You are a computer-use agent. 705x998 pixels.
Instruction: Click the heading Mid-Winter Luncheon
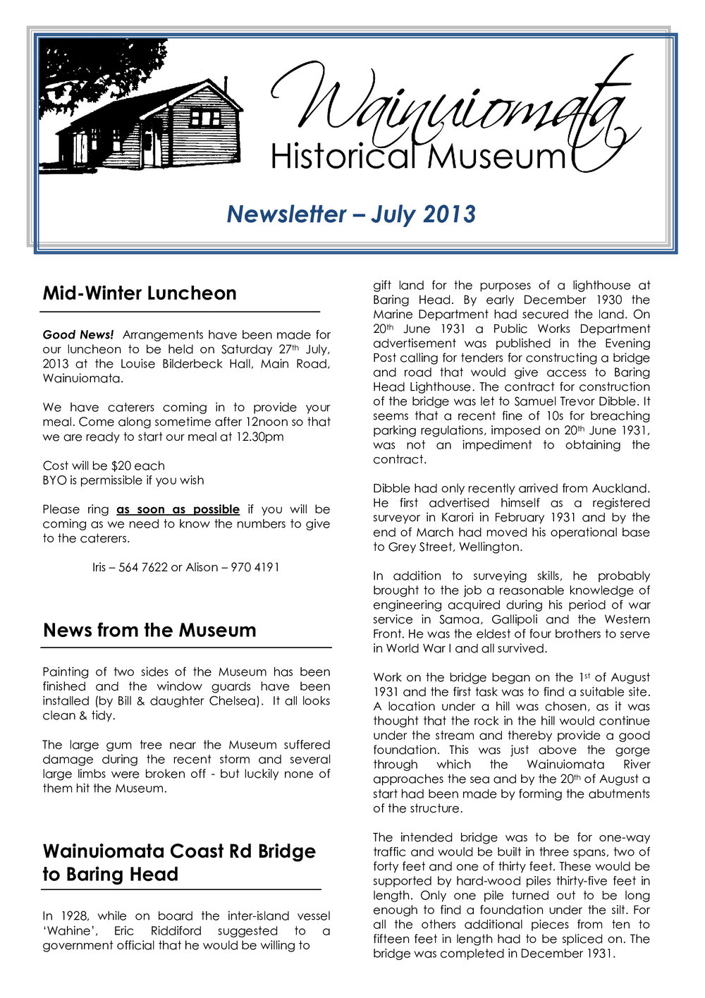click(x=140, y=293)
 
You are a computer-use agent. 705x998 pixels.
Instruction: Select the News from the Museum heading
click(x=149, y=630)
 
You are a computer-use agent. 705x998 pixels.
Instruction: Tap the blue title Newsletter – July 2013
click(x=351, y=214)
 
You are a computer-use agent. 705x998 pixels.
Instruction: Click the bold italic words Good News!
click(x=78, y=335)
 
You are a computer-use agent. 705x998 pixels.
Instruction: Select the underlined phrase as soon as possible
click(x=178, y=509)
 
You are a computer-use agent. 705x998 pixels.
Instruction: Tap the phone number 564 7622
click(x=143, y=567)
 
